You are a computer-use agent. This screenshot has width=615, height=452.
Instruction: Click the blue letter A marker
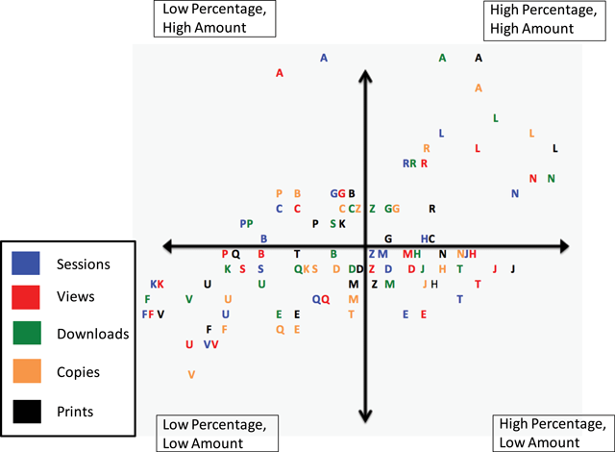tap(324, 58)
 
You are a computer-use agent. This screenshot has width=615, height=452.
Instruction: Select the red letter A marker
tap(280, 73)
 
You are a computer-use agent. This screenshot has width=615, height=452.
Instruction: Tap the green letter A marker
tap(442, 58)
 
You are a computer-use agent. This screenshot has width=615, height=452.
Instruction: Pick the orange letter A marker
tap(479, 88)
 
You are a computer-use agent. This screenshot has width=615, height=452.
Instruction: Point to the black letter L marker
tap(554, 148)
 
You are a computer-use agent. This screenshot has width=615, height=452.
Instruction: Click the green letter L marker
tap(495, 118)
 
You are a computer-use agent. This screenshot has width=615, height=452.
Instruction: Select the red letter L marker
tap(478, 148)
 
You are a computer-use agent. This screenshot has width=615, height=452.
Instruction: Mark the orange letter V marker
tap(192, 374)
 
